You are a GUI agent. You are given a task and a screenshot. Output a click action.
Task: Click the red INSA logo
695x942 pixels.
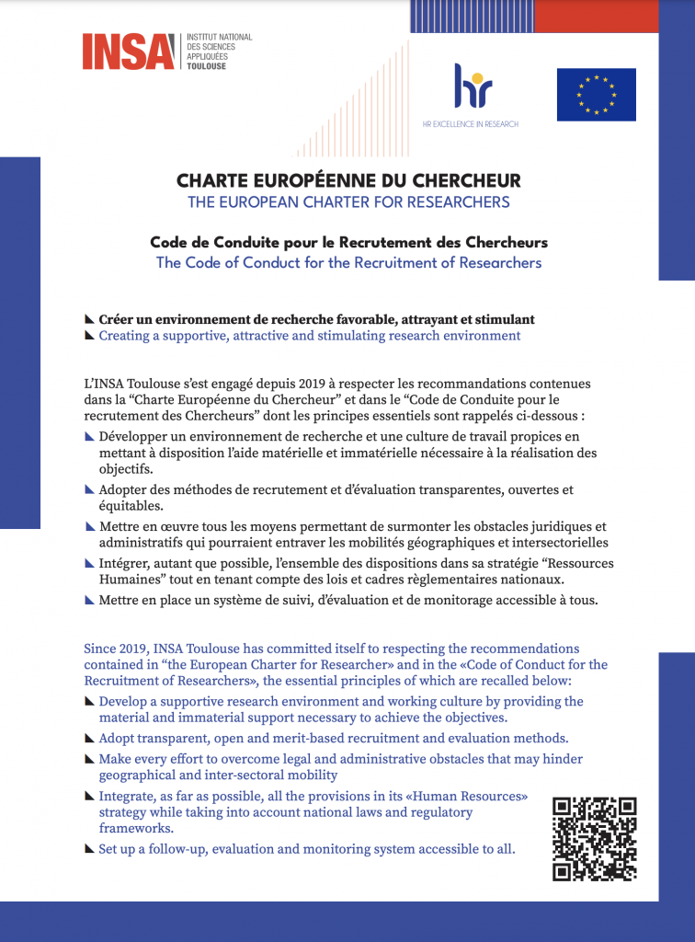point(128,52)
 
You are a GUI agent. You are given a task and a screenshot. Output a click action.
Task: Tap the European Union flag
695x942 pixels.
point(596,95)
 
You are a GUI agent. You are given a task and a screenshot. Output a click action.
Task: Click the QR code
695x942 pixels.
point(594,838)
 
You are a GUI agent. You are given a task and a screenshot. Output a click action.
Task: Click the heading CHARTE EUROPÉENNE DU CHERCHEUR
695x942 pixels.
point(348,180)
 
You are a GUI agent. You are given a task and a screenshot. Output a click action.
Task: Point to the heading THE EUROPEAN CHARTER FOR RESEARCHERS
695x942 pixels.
point(348,201)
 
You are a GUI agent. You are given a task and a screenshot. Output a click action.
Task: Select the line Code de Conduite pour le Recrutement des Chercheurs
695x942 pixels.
point(348,243)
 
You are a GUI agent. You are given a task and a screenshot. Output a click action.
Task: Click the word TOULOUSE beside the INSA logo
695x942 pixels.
point(205,67)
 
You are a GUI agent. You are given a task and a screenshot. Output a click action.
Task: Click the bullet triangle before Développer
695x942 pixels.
point(89,435)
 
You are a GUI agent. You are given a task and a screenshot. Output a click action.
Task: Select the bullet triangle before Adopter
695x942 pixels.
point(89,489)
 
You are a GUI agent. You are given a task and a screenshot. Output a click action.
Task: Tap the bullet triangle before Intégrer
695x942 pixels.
point(89,562)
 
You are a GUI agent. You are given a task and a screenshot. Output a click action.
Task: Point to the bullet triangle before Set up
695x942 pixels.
point(89,848)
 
